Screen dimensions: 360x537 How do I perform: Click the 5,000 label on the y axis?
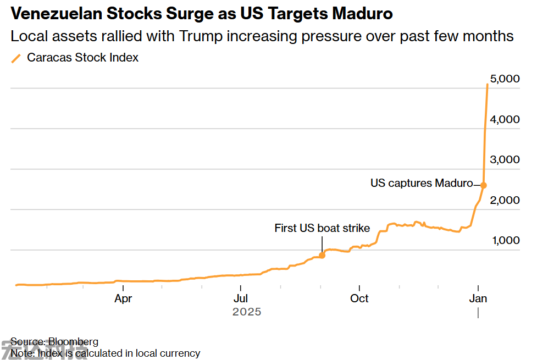(505, 79)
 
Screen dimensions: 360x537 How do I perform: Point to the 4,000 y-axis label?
(505, 120)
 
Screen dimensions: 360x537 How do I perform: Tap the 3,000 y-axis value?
(505, 160)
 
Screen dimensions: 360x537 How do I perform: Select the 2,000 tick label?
(505, 201)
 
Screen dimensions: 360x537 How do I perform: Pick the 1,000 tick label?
(505, 241)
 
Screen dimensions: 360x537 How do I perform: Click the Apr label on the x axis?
(123, 298)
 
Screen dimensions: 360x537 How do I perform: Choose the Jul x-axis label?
(240, 298)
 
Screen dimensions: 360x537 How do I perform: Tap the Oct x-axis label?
(359, 298)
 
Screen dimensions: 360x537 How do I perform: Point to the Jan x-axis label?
(478, 298)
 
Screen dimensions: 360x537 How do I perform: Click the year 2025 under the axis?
(247, 312)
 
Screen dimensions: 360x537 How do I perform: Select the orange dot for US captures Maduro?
(483, 185)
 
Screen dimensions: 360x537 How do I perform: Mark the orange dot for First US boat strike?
(322, 255)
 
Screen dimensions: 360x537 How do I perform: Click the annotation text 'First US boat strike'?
(322, 228)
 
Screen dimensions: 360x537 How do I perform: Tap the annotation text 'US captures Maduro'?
(422, 183)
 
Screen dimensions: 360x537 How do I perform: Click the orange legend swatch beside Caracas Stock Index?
(16, 58)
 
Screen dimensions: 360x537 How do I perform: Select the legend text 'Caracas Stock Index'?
(82, 58)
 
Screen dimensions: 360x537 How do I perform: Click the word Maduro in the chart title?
(363, 14)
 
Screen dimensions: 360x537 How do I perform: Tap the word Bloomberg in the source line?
(73, 342)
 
